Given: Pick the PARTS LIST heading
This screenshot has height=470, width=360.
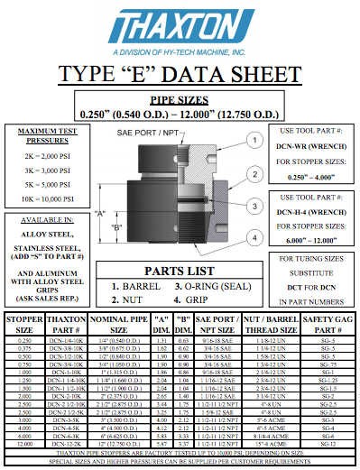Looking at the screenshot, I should click(179, 271).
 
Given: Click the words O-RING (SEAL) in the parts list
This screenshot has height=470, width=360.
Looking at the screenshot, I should click(214, 286).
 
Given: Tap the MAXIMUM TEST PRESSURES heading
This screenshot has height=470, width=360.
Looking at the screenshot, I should click(45, 137).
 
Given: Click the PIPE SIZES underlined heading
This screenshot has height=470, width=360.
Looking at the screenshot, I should click(180, 100).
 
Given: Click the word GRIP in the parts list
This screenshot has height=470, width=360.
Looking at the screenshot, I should click(200, 298).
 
